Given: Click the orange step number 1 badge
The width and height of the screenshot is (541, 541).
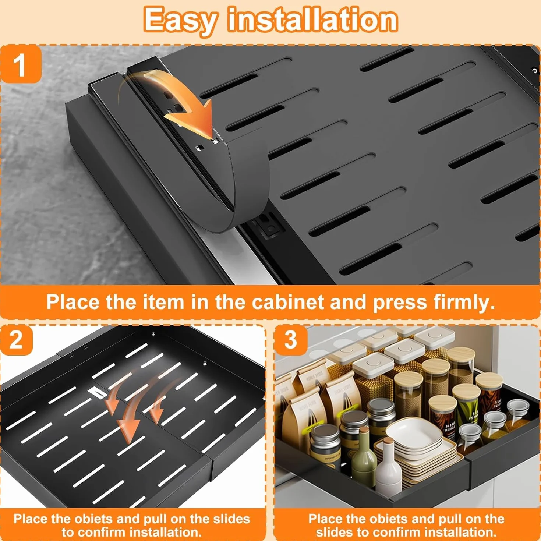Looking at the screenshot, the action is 21,64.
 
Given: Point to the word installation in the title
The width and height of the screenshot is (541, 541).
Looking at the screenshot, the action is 313,19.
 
